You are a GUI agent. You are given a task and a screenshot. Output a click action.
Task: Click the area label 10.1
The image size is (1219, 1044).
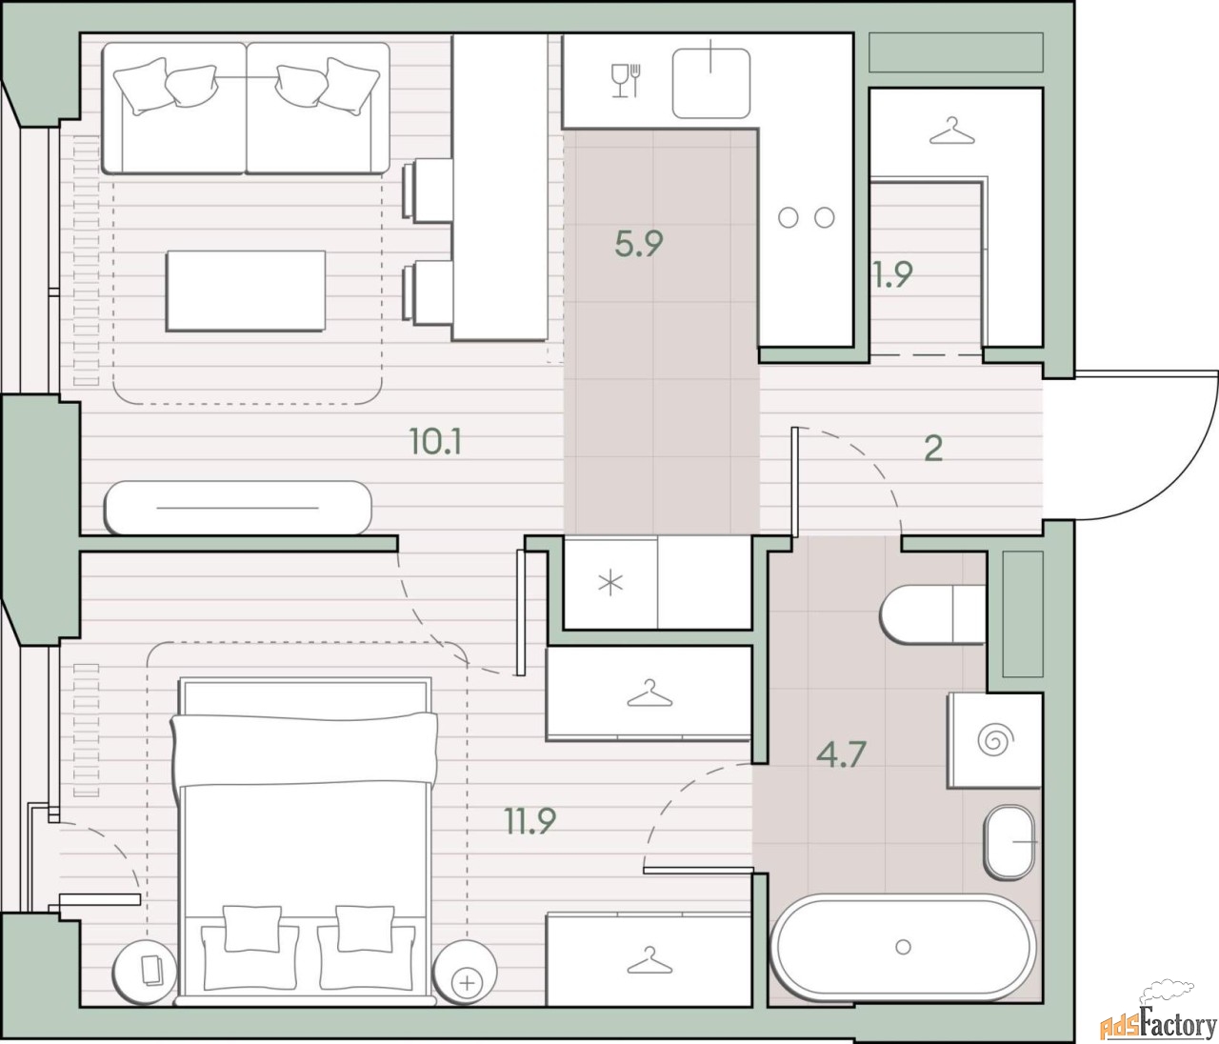click(435, 442)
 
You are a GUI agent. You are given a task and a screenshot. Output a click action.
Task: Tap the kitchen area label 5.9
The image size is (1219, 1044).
click(639, 243)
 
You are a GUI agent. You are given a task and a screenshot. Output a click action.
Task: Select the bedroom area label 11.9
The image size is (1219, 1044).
click(530, 821)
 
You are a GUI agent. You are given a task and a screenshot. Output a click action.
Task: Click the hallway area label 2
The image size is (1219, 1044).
click(933, 449)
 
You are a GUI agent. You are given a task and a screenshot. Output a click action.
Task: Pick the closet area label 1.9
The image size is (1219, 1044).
click(892, 273)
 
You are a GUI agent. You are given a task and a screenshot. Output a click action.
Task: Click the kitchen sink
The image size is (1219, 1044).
click(711, 83)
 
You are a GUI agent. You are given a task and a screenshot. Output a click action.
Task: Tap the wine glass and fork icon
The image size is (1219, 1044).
click(626, 80)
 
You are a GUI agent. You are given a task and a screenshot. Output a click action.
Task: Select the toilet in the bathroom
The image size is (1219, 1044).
click(932, 614)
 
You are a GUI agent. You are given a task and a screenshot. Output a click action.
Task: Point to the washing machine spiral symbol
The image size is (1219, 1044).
click(995, 739)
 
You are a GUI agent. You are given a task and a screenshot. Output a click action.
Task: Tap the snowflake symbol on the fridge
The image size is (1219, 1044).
click(610, 584)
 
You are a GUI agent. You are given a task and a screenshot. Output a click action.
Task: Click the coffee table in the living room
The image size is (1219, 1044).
click(246, 291)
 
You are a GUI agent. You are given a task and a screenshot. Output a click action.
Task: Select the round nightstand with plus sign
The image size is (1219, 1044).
click(465, 972)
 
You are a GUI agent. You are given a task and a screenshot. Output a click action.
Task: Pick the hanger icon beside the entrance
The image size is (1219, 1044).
click(951, 131)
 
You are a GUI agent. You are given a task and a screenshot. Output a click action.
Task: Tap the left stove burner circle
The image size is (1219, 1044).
click(788, 217)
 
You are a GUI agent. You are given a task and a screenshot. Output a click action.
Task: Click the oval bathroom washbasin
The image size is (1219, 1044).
click(1009, 842)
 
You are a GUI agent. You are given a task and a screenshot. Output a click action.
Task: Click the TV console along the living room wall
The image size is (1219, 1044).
click(238, 508)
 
